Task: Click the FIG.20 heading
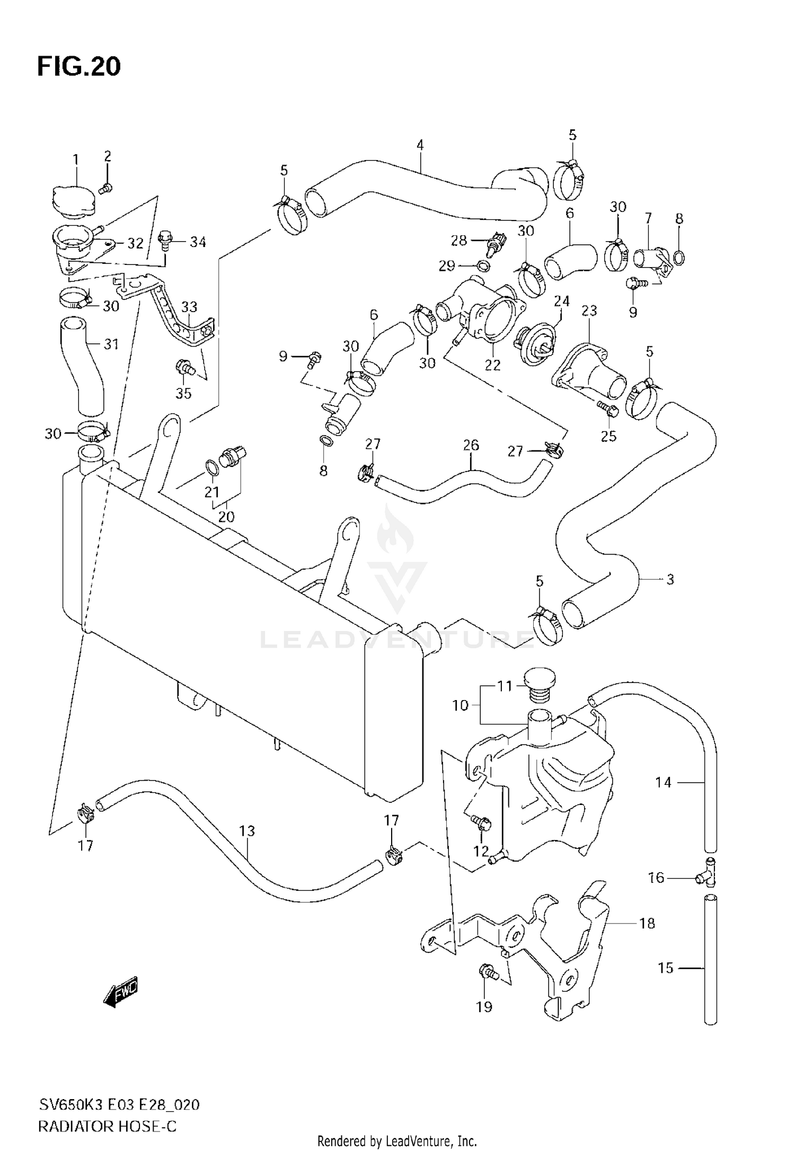point(79,67)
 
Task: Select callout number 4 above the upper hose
point(420,145)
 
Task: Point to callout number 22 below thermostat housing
point(492,365)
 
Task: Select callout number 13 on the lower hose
point(247,831)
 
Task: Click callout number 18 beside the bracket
point(647,923)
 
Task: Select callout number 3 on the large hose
point(670,579)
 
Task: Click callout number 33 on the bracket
point(189,307)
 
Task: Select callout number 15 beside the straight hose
point(665,968)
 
